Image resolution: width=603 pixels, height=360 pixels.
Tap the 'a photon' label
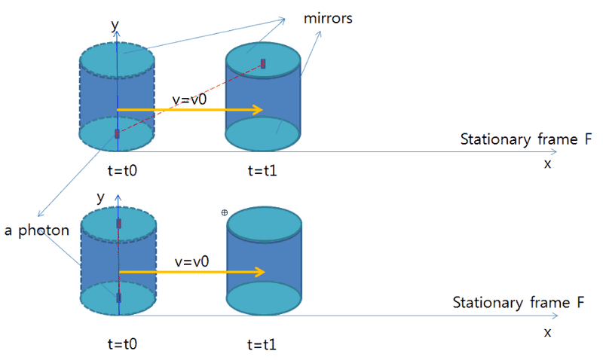point(37,230)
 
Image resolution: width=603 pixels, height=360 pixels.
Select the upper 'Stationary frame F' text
point(526,139)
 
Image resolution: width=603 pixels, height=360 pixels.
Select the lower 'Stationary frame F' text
point(519,303)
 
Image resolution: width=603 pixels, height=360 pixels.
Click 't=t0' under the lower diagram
point(123,344)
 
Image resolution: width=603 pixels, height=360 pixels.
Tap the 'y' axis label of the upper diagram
point(115,25)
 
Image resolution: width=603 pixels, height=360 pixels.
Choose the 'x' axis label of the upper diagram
point(548,163)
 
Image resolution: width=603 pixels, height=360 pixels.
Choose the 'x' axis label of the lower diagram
point(548,331)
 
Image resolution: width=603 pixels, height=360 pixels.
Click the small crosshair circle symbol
point(224,213)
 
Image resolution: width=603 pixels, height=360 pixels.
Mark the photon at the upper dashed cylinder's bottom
point(117,133)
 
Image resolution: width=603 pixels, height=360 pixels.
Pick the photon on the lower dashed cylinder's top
point(118,224)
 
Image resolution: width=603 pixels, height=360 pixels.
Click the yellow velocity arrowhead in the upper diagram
point(258,110)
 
